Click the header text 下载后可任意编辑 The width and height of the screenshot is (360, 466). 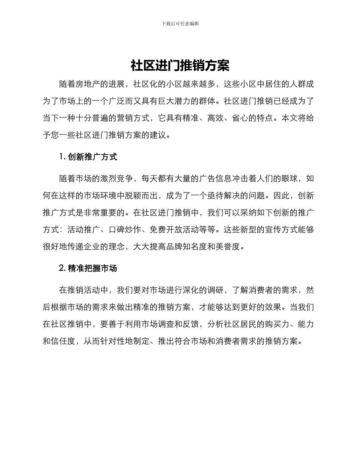(180, 23)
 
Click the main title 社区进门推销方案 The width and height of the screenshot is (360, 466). (180, 66)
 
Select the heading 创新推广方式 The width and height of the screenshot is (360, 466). (92, 157)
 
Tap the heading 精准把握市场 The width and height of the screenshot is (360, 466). (92, 269)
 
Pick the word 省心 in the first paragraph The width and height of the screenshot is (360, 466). (232, 118)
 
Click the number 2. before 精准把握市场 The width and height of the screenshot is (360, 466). (63, 269)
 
